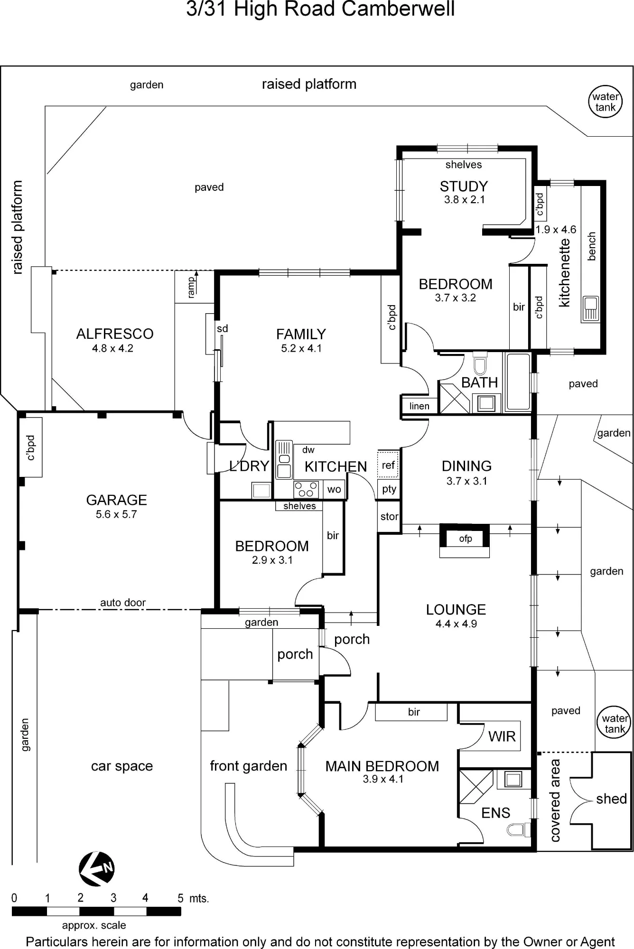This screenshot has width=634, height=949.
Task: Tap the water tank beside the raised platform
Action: (606, 102)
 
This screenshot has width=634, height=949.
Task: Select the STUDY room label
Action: (464, 186)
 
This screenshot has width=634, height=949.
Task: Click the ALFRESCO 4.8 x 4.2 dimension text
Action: (112, 348)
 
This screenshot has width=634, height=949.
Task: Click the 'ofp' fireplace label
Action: (466, 539)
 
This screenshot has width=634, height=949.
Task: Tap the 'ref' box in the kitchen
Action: (388, 465)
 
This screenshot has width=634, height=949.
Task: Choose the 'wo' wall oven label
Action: (334, 490)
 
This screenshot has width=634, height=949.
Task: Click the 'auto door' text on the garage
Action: (123, 603)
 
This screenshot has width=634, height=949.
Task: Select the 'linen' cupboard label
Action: (419, 406)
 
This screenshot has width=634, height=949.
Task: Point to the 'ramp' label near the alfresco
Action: (191, 288)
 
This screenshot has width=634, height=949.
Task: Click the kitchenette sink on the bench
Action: (591, 308)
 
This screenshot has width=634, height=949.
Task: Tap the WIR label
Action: (502, 736)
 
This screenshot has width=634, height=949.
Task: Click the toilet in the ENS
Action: (518, 830)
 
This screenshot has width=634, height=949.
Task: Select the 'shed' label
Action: (612, 799)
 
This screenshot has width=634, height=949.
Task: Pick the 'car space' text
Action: (122, 766)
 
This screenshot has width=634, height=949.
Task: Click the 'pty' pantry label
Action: (389, 489)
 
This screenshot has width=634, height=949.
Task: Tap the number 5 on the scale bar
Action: (180, 898)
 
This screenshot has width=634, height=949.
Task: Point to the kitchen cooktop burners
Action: (306, 490)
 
